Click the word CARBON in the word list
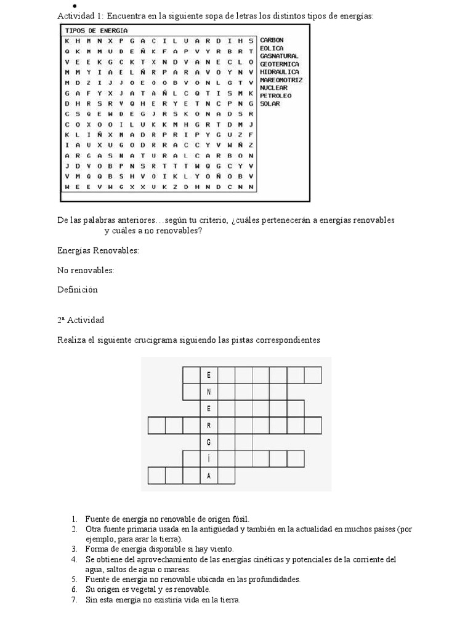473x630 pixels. pyautogui.click(x=272, y=40)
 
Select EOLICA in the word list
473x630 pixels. pyautogui.click(x=272, y=47)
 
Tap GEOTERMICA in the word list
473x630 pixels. pyautogui.click(x=280, y=64)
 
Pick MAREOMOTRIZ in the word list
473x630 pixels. pyautogui.click(x=281, y=80)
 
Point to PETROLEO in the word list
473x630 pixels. pyautogui.click(x=276, y=96)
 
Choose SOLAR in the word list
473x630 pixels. pyautogui.click(x=270, y=104)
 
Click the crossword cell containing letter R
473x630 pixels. pyautogui.click(x=209, y=425)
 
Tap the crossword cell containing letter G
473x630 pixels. pyautogui.click(x=209, y=442)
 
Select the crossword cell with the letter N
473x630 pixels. pyautogui.click(x=209, y=392)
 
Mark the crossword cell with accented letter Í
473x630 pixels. pyautogui.click(x=209, y=459)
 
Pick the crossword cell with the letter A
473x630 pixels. pyautogui.click(x=209, y=476)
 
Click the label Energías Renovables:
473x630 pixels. pyautogui.click(x=99, y=251)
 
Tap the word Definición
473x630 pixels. pyautogui.click(x=78, y=290)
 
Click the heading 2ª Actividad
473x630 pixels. pyautogui.click(x=81, y=321)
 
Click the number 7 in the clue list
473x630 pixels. pyautogui.click(x=74, y=599)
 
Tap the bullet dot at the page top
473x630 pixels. pyautogui.click(x=65, y=6)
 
